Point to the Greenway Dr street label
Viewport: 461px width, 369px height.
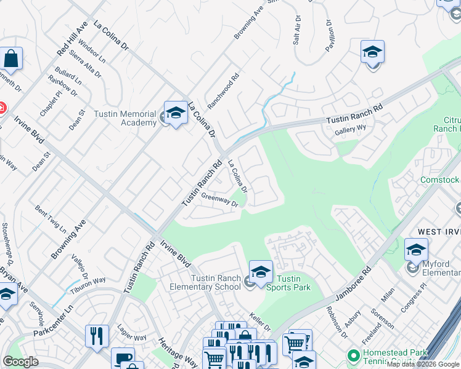pos(219,201)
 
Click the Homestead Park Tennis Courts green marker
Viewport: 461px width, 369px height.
pos(353,356)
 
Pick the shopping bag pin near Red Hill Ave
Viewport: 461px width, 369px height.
pos(11,59)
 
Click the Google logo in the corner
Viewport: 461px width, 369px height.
pos(20,362)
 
